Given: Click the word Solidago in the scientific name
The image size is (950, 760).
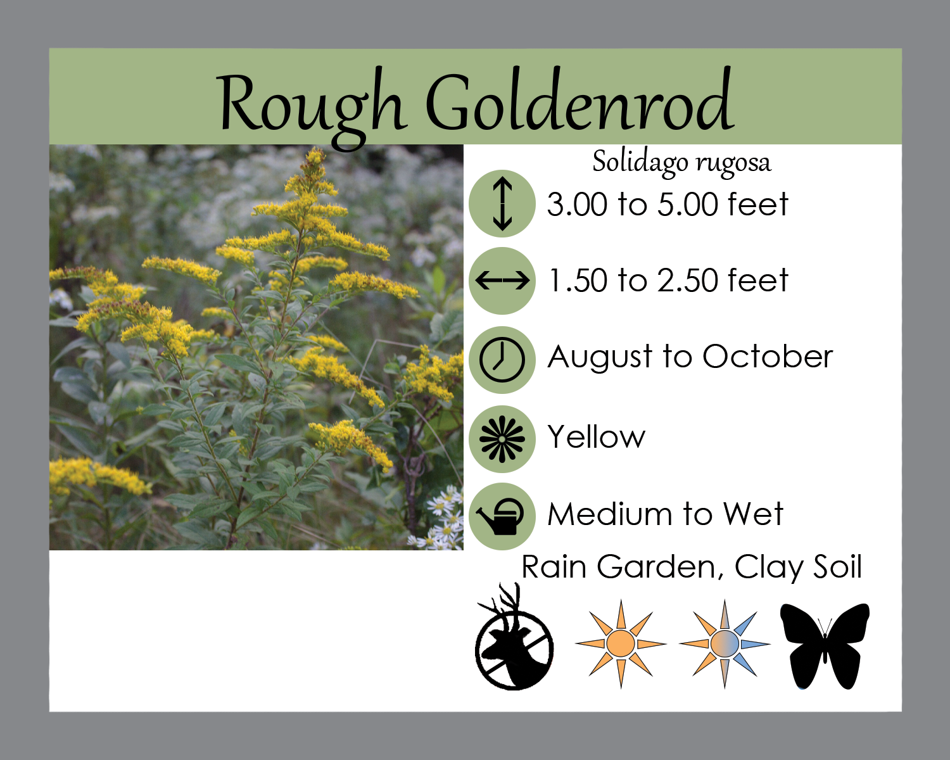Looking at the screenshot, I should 640,162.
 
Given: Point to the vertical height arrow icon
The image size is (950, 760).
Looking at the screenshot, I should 502,204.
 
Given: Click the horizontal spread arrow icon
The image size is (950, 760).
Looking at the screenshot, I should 502,281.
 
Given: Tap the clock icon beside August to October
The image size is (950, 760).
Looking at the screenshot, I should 502,360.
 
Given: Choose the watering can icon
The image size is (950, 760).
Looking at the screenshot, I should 502,516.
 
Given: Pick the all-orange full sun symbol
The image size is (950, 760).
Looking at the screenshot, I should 621,643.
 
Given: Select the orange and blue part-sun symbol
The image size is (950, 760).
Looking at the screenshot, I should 725,643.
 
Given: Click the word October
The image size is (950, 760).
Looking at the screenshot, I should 768,357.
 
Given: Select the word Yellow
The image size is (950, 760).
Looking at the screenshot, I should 597,437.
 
